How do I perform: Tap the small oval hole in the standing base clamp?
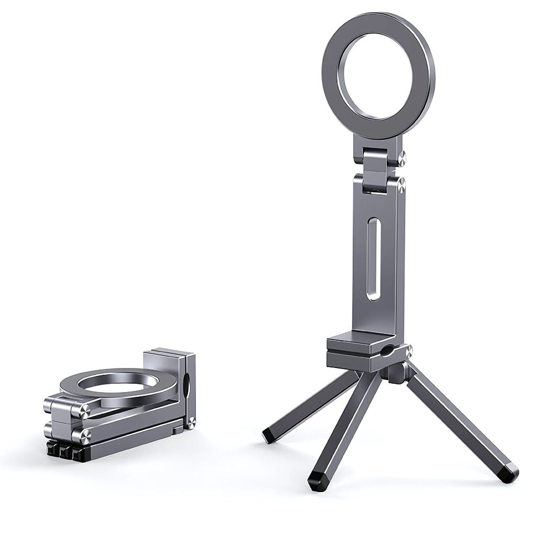(387, 351)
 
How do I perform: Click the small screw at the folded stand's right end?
(192, 422)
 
